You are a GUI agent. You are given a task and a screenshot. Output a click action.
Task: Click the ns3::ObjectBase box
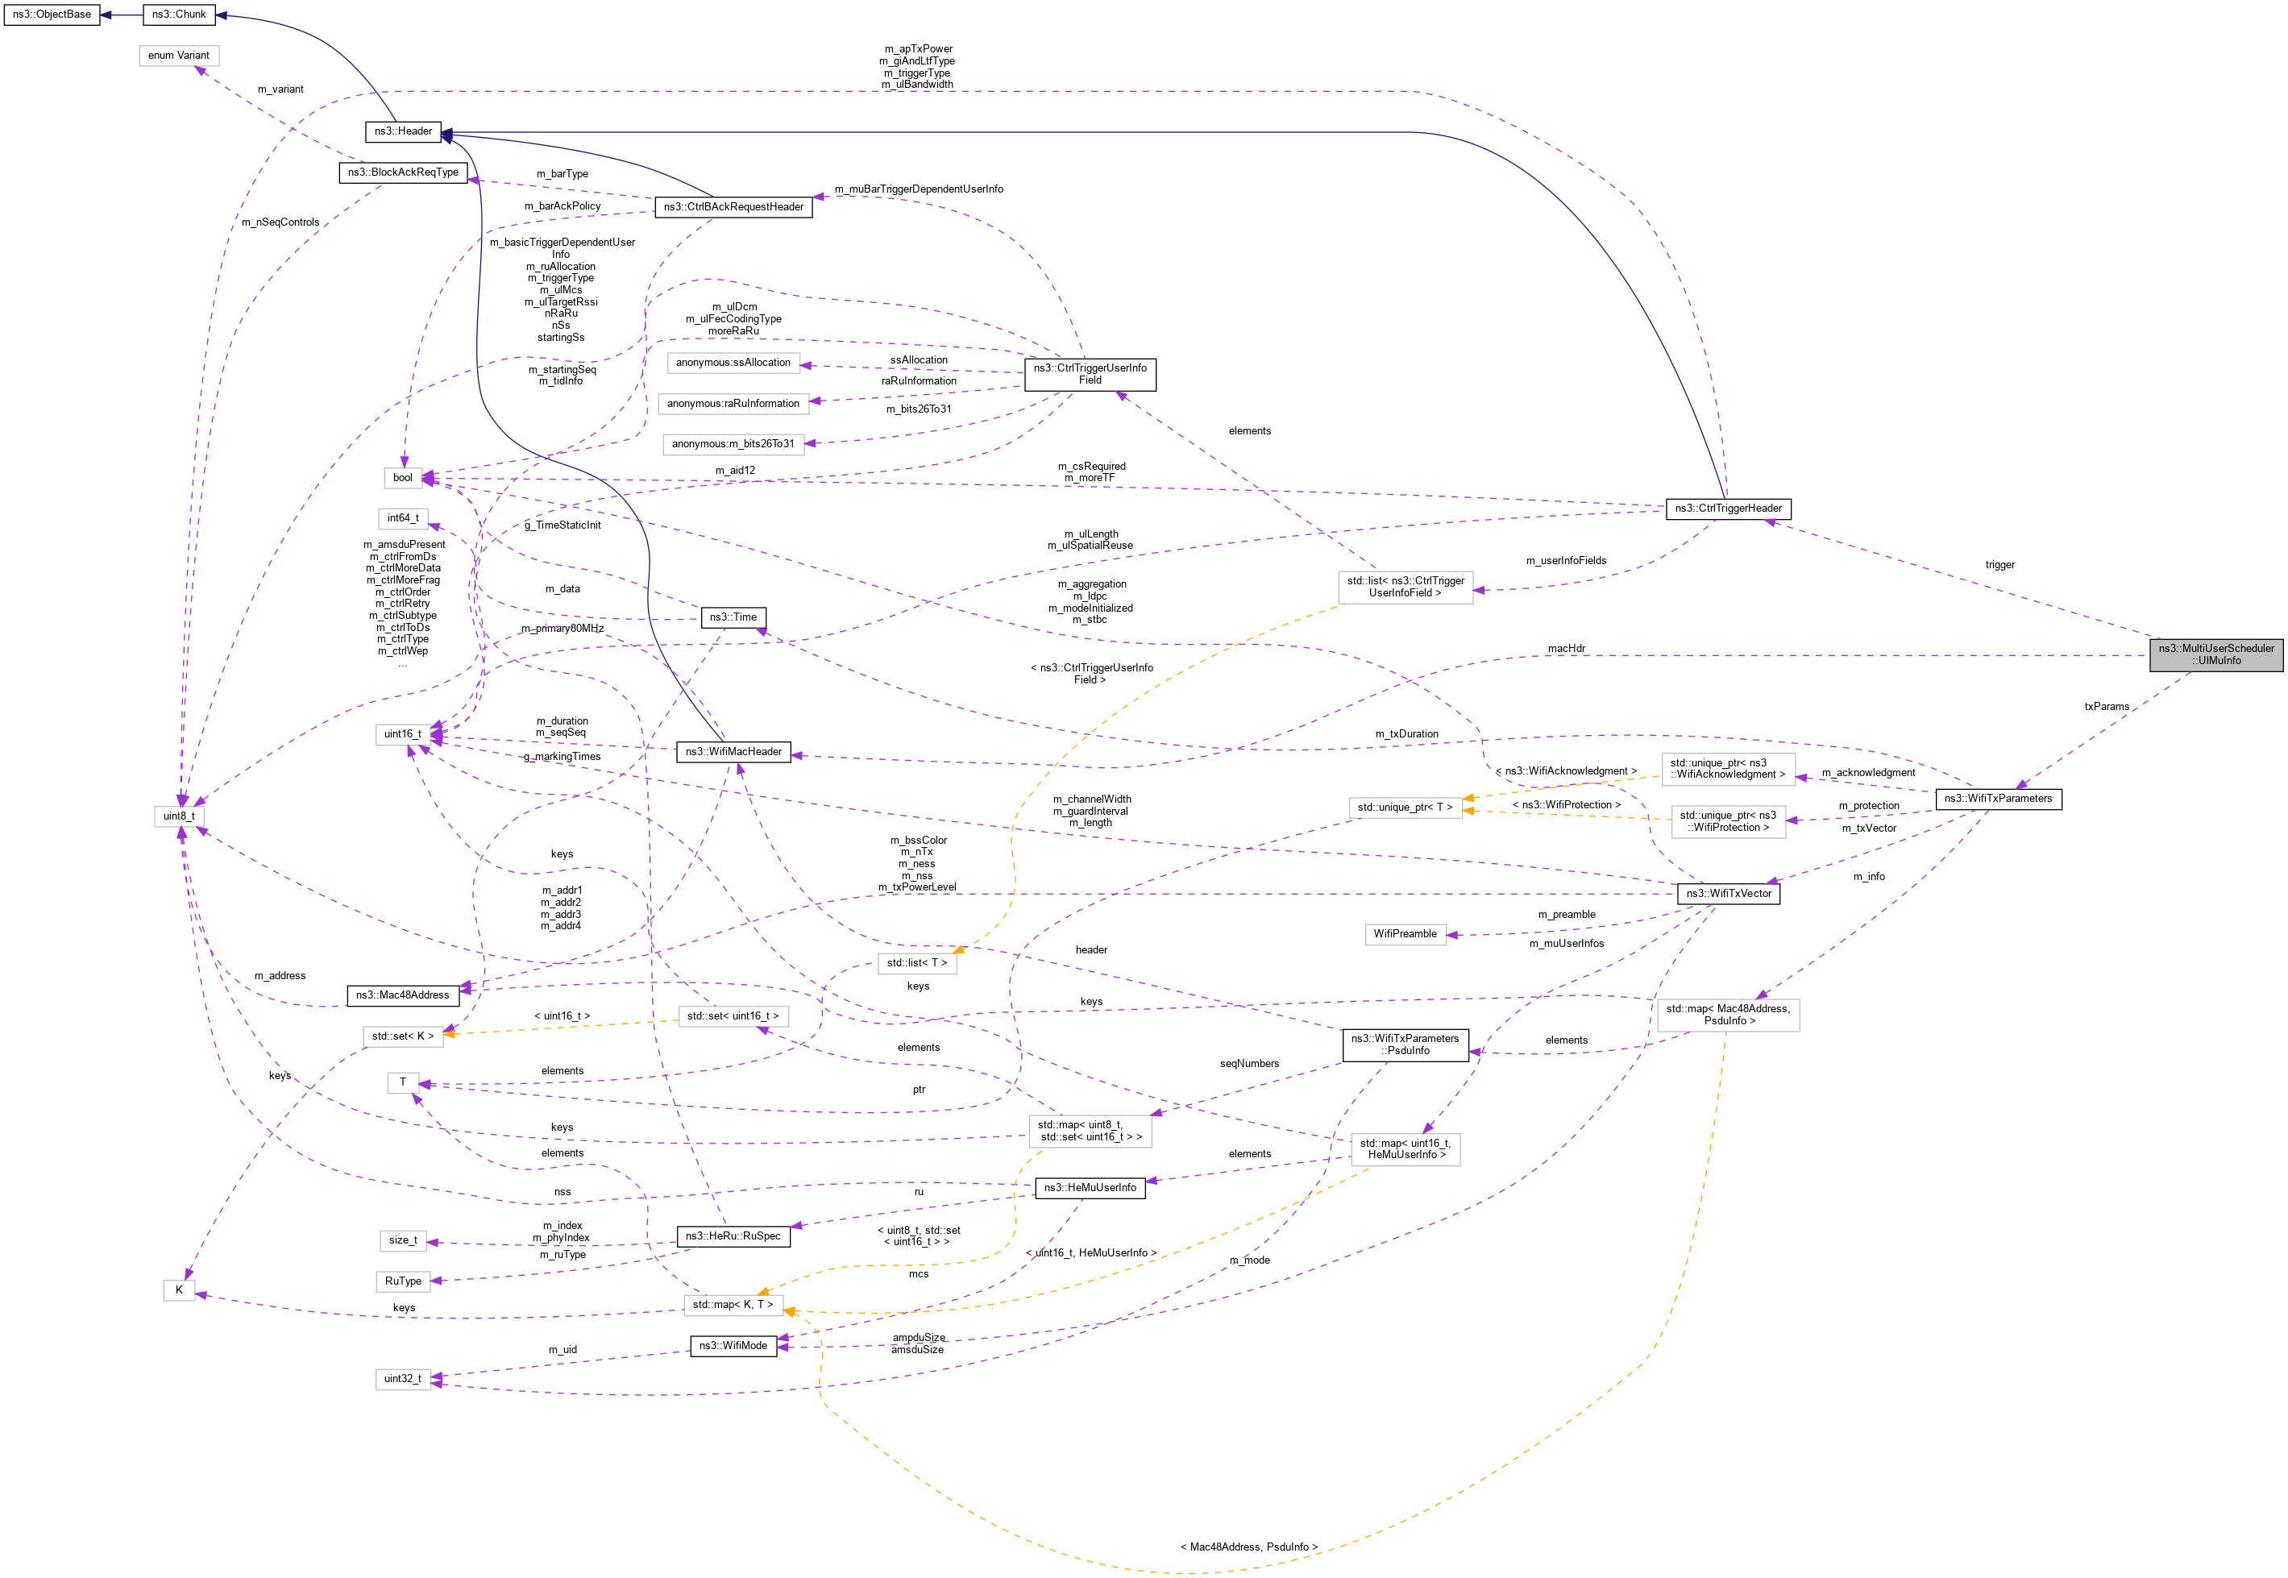(x=52, y=15)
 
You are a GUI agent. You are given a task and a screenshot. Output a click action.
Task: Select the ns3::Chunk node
(x=179, y=15)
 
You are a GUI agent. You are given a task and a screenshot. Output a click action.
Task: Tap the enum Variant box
(x=179, y=56)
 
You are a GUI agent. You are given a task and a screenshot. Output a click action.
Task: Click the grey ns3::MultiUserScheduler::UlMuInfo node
(x=2215, y=654)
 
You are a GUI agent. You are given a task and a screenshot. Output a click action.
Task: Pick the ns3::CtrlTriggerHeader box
(x=1727, y=509)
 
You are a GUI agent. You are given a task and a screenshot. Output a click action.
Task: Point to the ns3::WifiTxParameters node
(x=1997, y=799)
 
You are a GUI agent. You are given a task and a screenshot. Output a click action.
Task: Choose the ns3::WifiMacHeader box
(x=733, y=751)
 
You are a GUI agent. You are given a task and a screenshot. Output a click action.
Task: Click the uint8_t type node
(x=179, y=816)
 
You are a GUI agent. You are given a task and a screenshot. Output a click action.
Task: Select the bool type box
(x=402, y=478)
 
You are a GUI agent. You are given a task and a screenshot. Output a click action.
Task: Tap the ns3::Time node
(x=733, y=617)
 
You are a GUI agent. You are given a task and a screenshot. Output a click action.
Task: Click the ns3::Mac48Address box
(x=402, y=995)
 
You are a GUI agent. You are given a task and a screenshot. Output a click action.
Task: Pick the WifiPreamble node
(x=1404, y=933)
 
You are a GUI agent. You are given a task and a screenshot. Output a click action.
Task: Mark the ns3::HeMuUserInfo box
(x=1090, y=1187)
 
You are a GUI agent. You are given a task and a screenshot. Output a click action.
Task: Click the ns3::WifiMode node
(x=733, y=1346)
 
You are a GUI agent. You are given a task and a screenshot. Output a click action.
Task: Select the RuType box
(x=402, y=1281)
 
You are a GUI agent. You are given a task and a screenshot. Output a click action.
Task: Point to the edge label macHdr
(x=1566, y=649)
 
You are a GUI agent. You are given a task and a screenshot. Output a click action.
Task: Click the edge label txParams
(x=2106, y=706)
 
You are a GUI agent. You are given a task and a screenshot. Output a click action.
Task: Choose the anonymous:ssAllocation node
(x=733, y=363)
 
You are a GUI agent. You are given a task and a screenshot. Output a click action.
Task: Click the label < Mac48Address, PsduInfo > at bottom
(x=1248, y=1547)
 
